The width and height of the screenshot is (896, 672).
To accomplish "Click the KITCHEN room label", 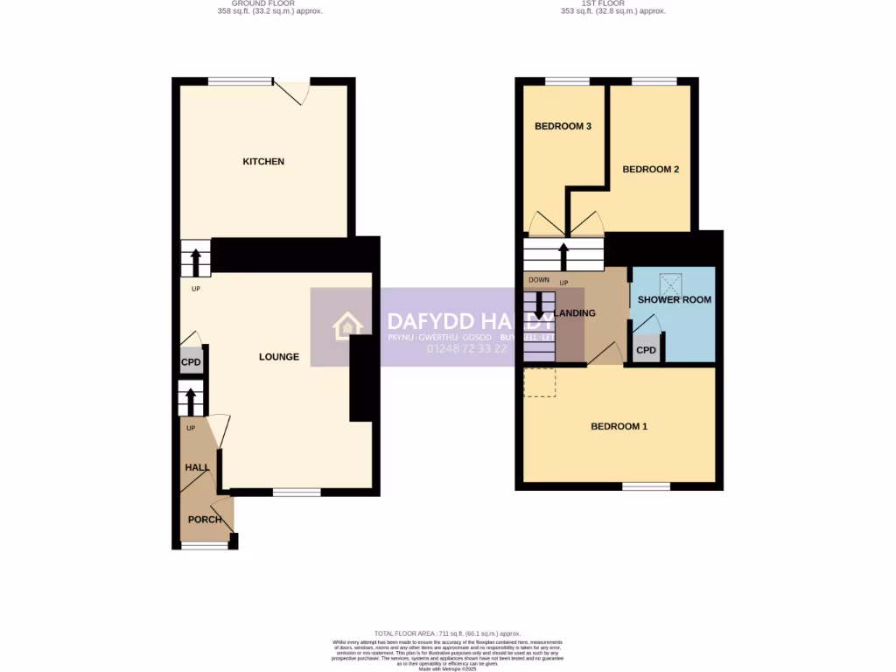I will click(263, 162).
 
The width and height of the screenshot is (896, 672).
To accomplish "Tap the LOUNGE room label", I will click(279, 357).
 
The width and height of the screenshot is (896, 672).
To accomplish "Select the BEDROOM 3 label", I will click(563, 126).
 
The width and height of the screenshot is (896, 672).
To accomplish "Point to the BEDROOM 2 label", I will click(650, 170).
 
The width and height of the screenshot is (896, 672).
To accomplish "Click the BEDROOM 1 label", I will click(619, 427).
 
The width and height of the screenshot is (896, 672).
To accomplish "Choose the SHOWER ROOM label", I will click(674, 300).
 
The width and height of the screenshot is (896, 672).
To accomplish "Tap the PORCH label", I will click(206, 520).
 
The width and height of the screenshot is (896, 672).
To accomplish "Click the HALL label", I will click(197, 468).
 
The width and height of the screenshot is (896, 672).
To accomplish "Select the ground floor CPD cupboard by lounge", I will click(191, 362).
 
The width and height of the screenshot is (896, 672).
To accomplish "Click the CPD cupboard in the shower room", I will click(646, 351).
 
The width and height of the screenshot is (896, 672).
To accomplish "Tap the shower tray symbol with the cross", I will click(672, 283).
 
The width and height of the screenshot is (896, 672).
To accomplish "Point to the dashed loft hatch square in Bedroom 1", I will click(539, 382).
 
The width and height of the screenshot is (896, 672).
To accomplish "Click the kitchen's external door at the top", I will click(292, 90).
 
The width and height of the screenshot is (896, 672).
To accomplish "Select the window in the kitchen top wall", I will click(240, 81).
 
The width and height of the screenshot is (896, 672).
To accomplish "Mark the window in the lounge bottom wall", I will click(296, 493).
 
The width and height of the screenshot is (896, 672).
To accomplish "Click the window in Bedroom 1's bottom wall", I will click(646, 486).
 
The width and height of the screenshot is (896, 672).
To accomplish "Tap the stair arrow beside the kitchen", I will click(195, 260).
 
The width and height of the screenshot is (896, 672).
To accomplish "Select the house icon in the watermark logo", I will click(347, 327).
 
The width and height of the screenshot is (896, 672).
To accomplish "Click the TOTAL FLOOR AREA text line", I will click(447, 633).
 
